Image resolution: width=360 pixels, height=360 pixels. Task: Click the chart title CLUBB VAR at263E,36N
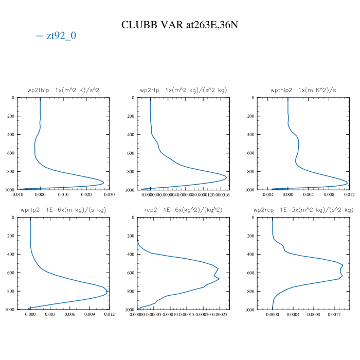[x=179, y=25]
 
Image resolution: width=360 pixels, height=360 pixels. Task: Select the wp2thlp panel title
[x=63, y=90]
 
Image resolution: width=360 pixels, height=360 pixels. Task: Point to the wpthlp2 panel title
[x=303, y=90]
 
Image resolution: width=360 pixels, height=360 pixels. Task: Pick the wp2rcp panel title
[x=303, y=210]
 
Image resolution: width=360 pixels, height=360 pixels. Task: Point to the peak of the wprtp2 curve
[x=107, y=292]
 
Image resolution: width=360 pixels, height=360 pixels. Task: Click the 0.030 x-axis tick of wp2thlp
[x=109, y=194]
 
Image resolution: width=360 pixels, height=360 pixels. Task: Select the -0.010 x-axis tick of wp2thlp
[x=17, y=194]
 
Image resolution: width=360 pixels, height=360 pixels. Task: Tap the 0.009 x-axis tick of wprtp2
[x=89, y=314]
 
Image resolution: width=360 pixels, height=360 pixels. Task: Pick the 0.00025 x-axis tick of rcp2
[x=220, y=314]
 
